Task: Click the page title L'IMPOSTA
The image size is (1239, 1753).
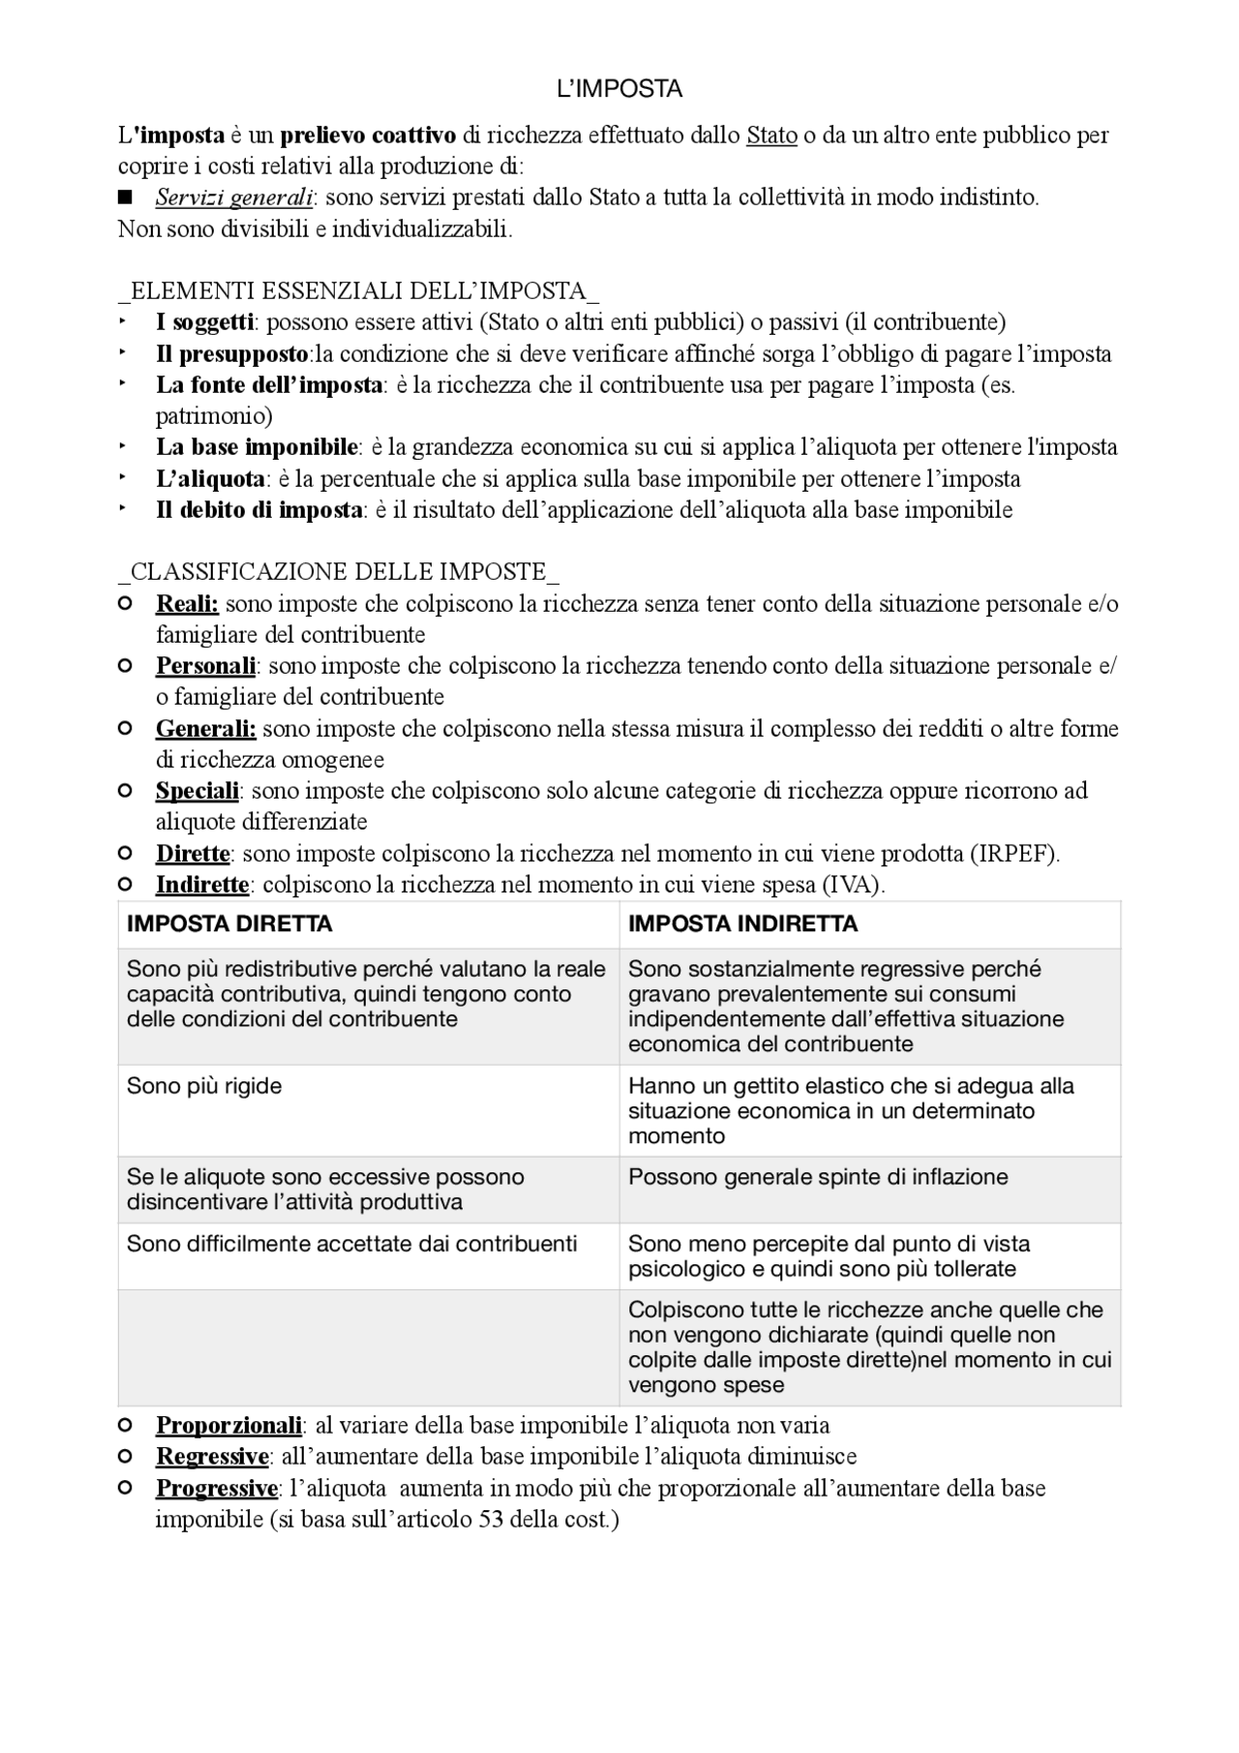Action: coord(619,89)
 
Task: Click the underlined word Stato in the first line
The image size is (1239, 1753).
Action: coord(771,136)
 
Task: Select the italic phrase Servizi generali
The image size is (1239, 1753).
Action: coord(233,198)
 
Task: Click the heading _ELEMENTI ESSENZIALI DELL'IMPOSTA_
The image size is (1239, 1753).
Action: coord(358,290)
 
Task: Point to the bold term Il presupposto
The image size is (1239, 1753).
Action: coord(232,354)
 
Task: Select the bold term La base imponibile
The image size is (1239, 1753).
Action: coord(257,447)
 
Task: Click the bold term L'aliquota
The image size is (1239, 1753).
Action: coord(210,479)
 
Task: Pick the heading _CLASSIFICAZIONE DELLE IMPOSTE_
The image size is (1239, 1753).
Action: coord(338,572)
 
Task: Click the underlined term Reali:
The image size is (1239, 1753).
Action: coord(187,604)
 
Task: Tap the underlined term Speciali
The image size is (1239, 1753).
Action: coord(196,791)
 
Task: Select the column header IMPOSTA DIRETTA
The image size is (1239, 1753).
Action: coord(229,924)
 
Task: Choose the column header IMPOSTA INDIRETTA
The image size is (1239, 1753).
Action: coord(742,924)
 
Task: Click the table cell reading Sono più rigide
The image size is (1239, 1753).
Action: coord(204,1086)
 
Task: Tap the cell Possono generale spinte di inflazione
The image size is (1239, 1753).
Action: coord(818,1177)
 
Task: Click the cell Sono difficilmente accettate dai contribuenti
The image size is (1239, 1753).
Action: coord(351,1244)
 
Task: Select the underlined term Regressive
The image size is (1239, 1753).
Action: coord(212,1457)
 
